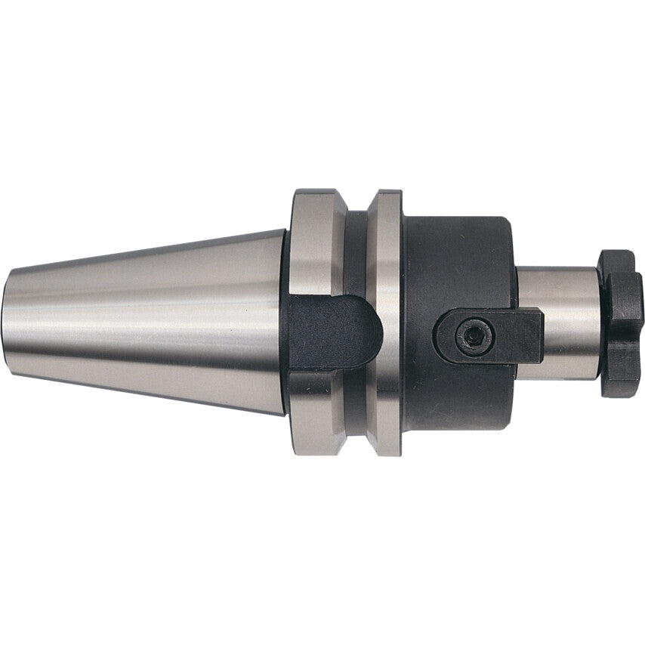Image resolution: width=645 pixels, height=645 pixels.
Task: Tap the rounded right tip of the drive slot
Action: (372, 328)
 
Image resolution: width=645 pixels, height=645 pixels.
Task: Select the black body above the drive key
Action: (453, 257)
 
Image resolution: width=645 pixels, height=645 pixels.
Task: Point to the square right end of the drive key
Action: (533, 334)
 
